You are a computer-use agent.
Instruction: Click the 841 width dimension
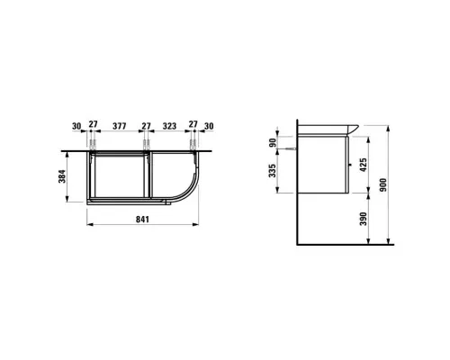coord(142,220)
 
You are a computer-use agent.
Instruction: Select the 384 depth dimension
coord(62,176)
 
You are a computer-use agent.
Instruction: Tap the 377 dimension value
coord(120,126)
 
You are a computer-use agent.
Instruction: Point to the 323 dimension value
coord(169,126)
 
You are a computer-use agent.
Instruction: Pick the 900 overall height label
coord(383,185)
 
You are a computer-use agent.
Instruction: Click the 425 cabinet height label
coord(363,165)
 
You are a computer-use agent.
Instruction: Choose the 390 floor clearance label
coord(363,219)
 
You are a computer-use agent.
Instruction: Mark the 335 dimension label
coord(272,170)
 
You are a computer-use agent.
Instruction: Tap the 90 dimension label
coord(273,143)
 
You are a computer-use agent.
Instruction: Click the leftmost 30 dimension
coord(76,126)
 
